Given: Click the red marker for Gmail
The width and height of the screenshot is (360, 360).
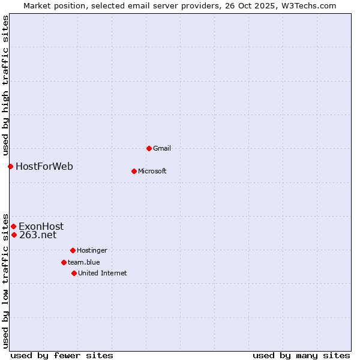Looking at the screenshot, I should pyautogui.click(x=149, y=148).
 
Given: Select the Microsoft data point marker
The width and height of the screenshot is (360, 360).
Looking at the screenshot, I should pyautogui.click(x=134, y=171).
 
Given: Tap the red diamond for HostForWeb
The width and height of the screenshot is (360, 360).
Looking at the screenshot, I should pyautogui.click(x=10, y=166).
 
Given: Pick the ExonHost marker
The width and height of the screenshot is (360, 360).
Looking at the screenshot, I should pyautogui.click(x=13, y=226).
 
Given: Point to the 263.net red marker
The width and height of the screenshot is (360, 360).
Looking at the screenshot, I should pyautogui.click(x=14, y=235).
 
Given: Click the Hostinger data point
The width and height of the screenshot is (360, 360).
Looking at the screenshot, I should pyautogui.click(x=73, y=250).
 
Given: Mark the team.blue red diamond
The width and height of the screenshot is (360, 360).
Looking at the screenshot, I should pyautogui.click(x=64, y=262).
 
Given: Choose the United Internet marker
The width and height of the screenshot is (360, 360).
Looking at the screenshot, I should pyautogui.click(x=74, y=273).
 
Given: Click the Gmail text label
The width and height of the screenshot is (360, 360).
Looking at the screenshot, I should pyautogui.click(x=162, y=148).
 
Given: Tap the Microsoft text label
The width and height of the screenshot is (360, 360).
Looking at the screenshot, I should pyautogui.click(x=152, y=171).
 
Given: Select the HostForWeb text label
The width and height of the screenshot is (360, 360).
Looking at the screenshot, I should pyautogui.click(x=44, y=166).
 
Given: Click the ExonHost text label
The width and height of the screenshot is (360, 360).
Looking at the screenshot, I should pyautogui.click(x=41, y=226).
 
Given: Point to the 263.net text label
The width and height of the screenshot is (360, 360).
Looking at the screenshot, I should pyautogui.click(x=38, y=235).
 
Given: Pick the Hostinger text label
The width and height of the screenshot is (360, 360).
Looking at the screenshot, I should pyautogui.click(x=92, y=250).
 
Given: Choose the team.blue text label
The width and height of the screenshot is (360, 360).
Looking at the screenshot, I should pyautogui.click(x=83, y=262).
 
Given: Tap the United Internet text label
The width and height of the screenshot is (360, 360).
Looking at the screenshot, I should pyautogui.click(x=102, y=273).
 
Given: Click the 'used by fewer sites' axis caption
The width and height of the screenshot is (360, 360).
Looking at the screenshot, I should pyautogui.click(x=62, y=355).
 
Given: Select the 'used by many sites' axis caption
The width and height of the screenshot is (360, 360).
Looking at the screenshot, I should pyautogui.click(x=301, y=355).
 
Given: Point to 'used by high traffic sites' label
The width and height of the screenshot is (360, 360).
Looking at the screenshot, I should pyautogui.click(x=5, y=86).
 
